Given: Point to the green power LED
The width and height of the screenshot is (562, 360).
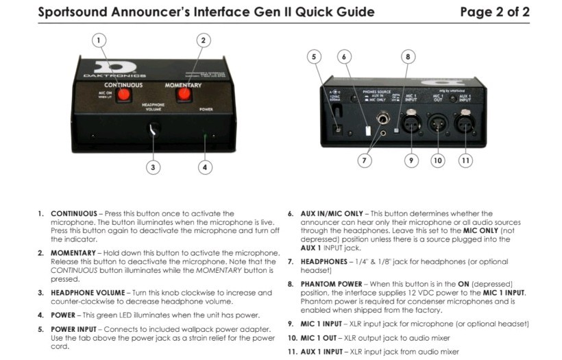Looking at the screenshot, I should pos(204,136).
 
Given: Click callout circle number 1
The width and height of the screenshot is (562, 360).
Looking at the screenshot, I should pos(101,40).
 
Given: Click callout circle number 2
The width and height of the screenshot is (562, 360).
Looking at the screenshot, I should pos(202,40).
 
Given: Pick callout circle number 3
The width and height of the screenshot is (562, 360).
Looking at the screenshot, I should pos(154,166).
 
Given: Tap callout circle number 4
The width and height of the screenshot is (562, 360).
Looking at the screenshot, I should pos(204,166).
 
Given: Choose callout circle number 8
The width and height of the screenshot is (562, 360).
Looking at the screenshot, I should pos(408,57).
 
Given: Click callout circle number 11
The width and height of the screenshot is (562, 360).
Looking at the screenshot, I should pos(466,160).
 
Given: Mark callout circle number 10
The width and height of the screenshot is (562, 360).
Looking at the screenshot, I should pos(438,160).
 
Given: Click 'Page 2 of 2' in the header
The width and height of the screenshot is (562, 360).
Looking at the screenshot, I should pos(495,12).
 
